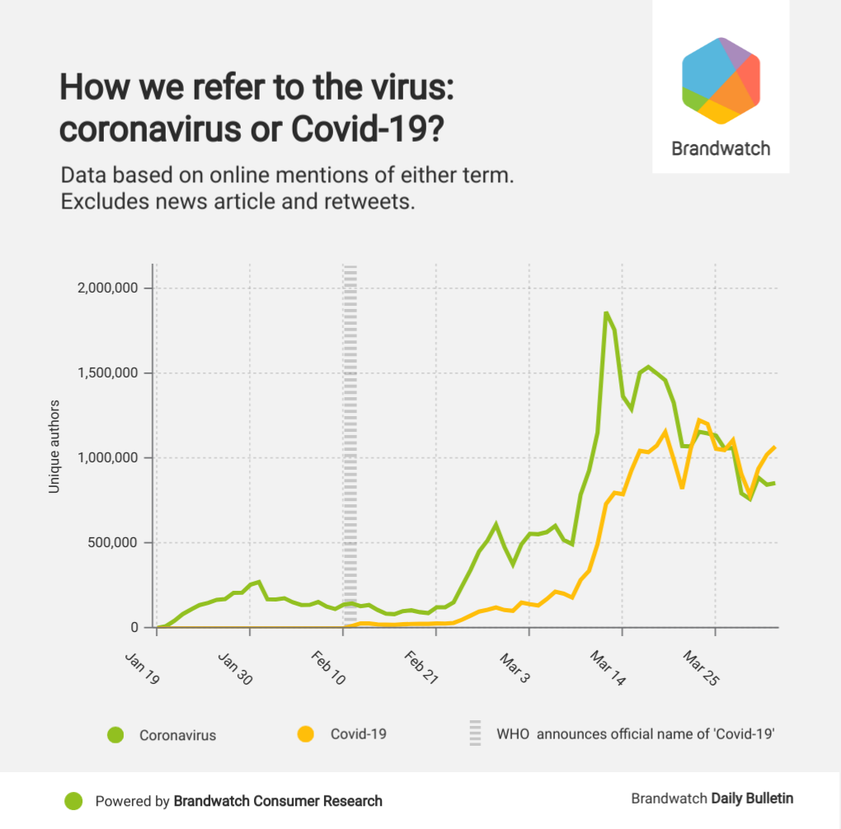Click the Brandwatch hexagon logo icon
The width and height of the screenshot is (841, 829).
click(721, 81)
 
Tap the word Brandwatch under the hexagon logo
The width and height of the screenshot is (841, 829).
click(721, 149)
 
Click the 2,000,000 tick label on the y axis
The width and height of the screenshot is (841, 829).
click(105, 288)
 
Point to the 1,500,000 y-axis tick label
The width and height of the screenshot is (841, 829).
click(105, 373)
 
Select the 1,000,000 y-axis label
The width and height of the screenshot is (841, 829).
click(105, 458)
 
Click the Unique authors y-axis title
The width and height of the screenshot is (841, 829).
click(54, 446)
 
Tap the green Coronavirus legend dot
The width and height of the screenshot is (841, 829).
click(115, 734)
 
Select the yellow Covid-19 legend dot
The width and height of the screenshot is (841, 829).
click(306, 733)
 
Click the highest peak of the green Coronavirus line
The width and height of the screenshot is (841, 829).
click(606, 312)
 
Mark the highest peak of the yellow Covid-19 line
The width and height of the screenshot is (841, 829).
click(699, 420)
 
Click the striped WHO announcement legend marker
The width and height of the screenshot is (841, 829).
click(475, 733)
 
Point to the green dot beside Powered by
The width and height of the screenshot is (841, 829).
click(74, 800)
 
